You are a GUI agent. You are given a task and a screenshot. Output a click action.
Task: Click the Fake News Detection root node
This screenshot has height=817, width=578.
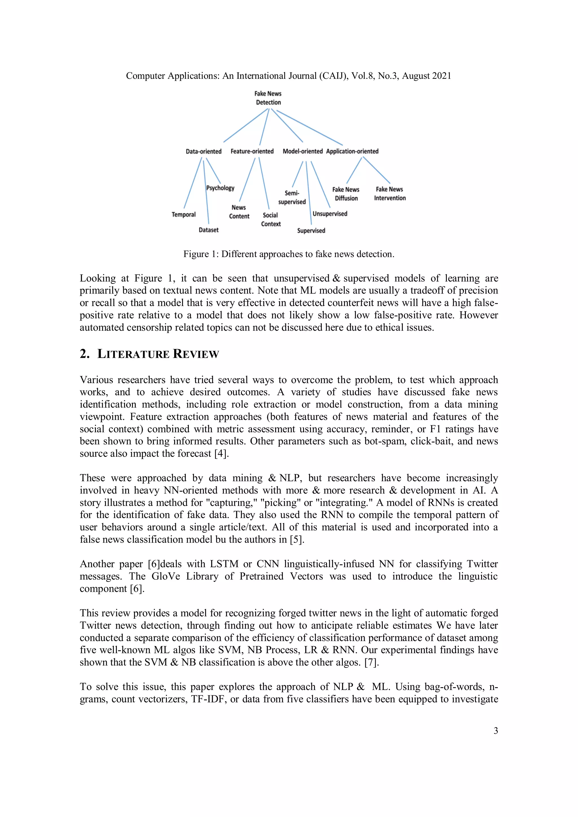coord(268,98)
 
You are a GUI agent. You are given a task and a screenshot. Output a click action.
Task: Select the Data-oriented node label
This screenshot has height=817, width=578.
coord(203,151)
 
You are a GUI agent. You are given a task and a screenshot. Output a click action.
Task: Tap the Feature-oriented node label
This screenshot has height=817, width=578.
coord(252,151)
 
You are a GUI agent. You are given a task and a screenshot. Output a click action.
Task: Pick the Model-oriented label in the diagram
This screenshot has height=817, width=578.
coord(303,151)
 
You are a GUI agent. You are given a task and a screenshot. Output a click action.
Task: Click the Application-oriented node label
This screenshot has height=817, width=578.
coord(352,151)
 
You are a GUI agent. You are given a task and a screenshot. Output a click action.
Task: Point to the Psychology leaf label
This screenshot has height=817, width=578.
coord(220,188)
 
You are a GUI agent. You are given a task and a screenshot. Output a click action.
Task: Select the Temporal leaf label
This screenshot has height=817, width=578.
coord(184,214)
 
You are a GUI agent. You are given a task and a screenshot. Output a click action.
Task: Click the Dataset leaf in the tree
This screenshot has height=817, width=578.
coord(209,230)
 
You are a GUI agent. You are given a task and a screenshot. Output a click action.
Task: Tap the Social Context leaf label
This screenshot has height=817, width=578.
coord(271,220)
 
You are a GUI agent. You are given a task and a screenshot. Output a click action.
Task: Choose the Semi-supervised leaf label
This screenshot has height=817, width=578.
coord(292,198)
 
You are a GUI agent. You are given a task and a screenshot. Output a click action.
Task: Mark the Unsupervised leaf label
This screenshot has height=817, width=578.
coord(330,214)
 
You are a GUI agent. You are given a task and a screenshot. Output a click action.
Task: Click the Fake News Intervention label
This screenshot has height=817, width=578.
coord(390,194)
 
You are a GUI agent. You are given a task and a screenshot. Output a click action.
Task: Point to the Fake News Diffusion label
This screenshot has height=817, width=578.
coord(346,194)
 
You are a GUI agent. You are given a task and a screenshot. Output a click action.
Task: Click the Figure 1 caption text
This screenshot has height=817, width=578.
coord(289,254)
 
